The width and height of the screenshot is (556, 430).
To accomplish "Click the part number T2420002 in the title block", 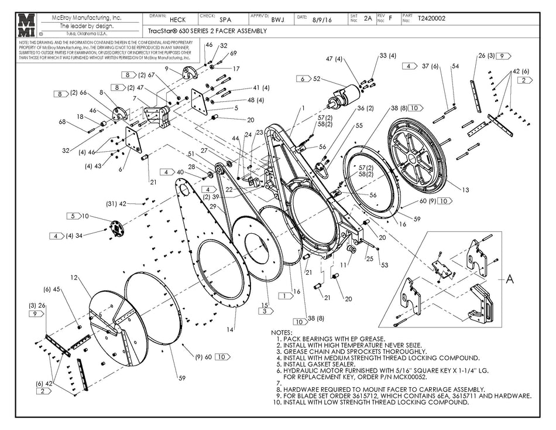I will pos(431,19).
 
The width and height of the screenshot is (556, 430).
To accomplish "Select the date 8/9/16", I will pos(326,19).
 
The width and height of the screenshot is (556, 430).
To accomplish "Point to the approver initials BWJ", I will pos(278,19).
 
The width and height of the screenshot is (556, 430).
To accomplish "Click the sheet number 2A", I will pos(368,19).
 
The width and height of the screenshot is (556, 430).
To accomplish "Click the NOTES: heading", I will pos(281,332).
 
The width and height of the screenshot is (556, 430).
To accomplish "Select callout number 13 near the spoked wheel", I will pos(465,190).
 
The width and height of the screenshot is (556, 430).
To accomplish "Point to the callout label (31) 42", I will pos(116,204).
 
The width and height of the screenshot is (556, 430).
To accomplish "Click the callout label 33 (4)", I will pos(387,56).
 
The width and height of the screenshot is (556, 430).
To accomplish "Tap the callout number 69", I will pos(234,53).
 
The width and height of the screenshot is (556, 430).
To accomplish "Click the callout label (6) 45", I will pos(52,288).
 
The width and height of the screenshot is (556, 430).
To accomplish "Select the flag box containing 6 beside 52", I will pos(302,79).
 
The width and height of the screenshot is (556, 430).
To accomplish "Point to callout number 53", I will pos(385,265).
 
